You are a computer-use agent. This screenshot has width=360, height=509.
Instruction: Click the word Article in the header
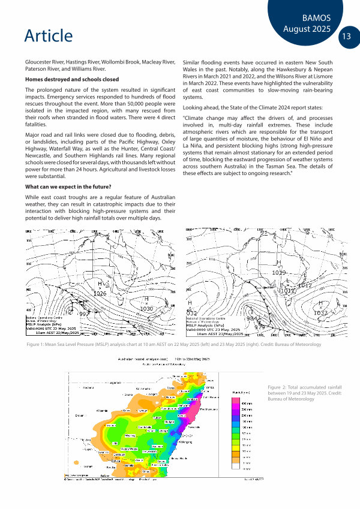click(49, 35)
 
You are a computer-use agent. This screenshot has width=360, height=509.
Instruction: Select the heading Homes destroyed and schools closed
click(71, 80)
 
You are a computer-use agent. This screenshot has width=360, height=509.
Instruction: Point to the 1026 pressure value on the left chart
click(100, 293)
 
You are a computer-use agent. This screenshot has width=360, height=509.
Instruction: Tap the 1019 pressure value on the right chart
click(280, 273)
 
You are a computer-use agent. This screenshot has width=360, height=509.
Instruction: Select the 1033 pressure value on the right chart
click(320, 312)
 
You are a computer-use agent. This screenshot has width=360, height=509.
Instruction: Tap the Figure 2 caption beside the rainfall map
click(305, 393)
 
